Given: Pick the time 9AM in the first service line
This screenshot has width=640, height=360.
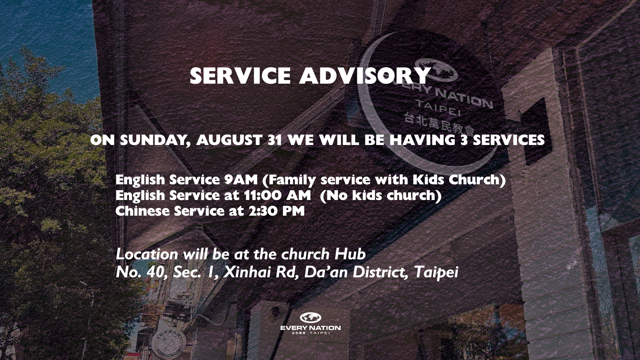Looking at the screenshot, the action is (241, 180).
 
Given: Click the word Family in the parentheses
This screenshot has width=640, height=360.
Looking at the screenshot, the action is (292, 180).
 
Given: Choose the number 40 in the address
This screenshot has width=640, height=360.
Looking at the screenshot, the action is (155, 273).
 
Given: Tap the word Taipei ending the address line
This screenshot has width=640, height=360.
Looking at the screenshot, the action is (436, 273).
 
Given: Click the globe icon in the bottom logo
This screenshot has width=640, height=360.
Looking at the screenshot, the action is (310, 318).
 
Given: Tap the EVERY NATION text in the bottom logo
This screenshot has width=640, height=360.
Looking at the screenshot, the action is (310, 328).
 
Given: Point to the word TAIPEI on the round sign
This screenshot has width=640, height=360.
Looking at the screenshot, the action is (438, 108).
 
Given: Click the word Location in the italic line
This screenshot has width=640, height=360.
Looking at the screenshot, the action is (147, 254).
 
